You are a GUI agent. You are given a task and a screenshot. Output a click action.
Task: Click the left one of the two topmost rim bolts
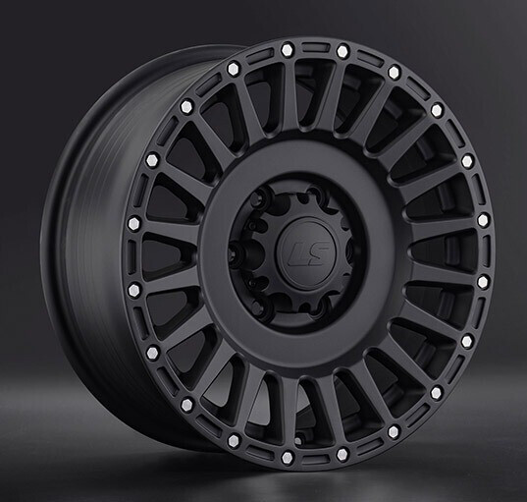point(288,49)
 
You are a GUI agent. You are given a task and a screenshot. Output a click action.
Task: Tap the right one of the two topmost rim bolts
point(343,51)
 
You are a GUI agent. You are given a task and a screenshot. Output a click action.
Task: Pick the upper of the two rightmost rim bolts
point(483,220)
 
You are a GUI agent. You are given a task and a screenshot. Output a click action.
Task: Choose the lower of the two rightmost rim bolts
point(483,282)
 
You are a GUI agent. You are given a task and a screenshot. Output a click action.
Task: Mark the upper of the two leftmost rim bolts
point(134,224)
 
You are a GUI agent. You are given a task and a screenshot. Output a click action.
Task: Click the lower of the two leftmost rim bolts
point(134,289)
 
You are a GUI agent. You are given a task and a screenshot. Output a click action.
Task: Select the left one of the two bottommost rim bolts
point(286,457)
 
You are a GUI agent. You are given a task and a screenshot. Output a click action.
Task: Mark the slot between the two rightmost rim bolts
point(485,251)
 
